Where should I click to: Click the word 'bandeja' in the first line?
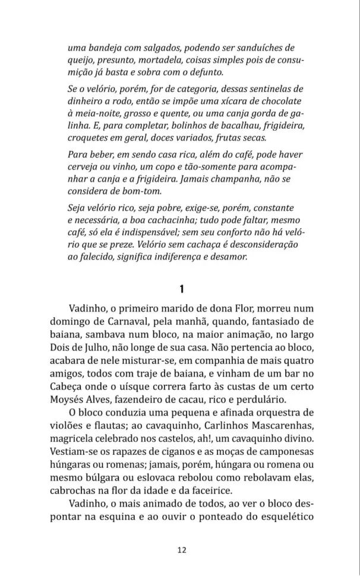[x=106, y=48]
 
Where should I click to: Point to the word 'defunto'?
[x=203, y=72]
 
